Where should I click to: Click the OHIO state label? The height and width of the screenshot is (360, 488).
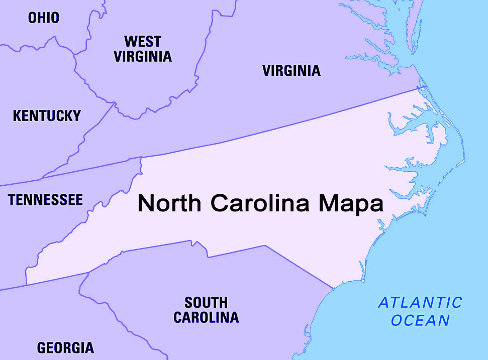click(44, 18)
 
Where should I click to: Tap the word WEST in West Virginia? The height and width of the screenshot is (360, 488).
click(143, 41)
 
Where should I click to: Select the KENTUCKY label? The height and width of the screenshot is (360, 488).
click(47, 116)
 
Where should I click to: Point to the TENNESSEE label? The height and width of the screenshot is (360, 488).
click(45, 200)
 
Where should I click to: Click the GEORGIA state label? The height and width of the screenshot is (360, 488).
click(65, 347)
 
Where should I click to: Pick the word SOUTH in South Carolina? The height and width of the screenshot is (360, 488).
click(206, 303)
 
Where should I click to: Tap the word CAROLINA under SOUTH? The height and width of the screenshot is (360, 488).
click(206, 317)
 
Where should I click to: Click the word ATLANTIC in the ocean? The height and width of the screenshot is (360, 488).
click(420, 303)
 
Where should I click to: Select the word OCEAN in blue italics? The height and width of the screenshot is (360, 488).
click(420, 320)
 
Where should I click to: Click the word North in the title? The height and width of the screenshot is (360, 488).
click(170, 204)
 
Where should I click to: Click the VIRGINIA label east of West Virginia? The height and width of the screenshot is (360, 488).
click(291, 71)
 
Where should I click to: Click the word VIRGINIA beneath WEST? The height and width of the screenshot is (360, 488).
click(143, 56)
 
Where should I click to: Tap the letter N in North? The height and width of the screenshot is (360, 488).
click(146, 204)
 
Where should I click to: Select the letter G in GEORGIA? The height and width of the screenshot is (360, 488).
click(42, 347)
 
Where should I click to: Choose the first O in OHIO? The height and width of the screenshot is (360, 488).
click(32, 18)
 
